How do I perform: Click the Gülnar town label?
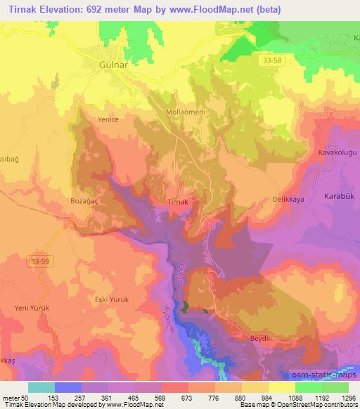[x=109, y=65]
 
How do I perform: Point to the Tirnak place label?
[x=179, y=202]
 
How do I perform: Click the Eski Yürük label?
[x=112, y=299]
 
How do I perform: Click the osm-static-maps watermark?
[x=316, y=373]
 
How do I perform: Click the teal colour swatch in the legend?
[x=41, y=387]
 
